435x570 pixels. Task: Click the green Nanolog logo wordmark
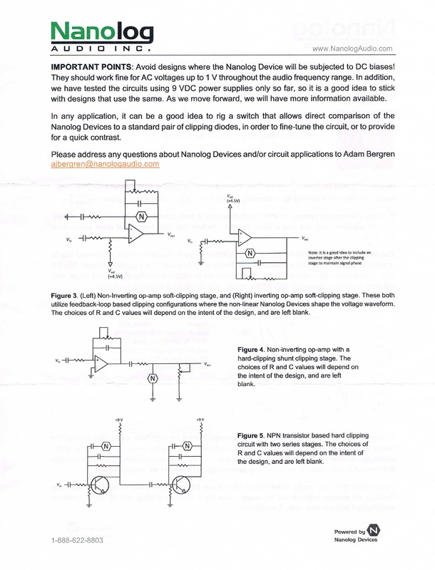click(x=102, y=32)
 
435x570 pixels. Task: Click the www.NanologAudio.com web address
click(x=353, y=48)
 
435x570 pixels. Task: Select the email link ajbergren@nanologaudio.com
click(x=106, y=163)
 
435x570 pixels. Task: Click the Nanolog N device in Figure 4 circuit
click(x=152, y=378)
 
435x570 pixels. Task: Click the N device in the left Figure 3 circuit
click(x=141, y=216)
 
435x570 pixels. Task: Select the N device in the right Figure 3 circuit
click(x=250, y=253)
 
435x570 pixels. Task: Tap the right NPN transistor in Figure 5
click(x=183, y=488)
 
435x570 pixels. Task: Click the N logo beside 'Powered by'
click(x=376, y=531)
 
